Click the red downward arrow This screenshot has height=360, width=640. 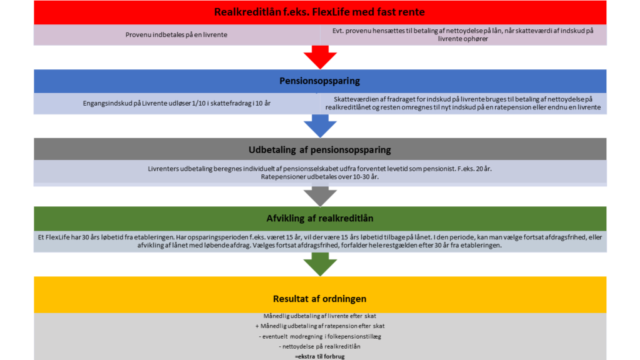tap(320, 57)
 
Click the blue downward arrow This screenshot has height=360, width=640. tap(320, 126)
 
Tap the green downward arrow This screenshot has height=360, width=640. tap(320, 264)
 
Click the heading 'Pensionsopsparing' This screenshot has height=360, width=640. tap(319, 81)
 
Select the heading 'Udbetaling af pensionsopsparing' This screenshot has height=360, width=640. tap(319, 150)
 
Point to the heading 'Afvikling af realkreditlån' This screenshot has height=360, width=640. tap(320, 218)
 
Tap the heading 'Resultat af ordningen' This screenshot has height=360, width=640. tap(319, 299)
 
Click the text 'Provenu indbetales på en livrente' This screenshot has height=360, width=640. tap(176, 35)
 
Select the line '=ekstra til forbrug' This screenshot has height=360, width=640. tap(319, 356)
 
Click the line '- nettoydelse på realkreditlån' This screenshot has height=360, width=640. tap(319, 346)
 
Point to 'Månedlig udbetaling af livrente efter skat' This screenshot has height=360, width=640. tap(319, 316)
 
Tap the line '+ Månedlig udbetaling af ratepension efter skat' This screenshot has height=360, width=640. tap(319, 326)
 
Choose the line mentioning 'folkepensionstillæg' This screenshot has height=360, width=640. tap(319, 336)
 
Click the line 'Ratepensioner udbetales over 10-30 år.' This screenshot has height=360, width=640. tap(319, 177)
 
